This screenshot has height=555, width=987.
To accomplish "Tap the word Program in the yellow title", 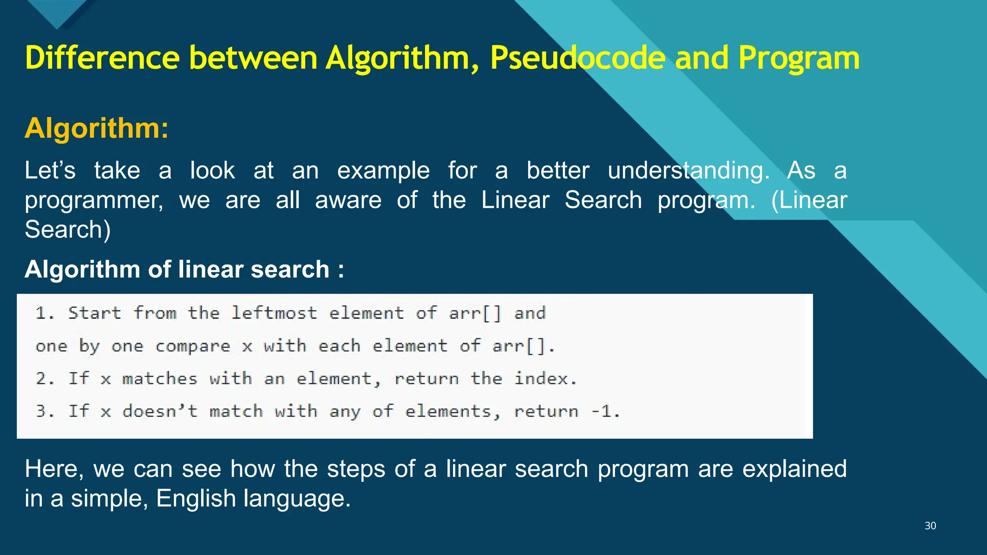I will [799, 58].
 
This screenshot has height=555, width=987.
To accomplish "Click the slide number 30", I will [930, 526].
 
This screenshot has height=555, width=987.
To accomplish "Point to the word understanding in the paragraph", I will [689, 171].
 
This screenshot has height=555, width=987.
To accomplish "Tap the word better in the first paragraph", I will [558, 171].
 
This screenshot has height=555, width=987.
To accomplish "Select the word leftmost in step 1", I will [274, 313].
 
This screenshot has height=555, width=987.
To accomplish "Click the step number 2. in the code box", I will [44, 379].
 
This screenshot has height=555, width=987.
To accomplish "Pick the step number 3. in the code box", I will [44, 411].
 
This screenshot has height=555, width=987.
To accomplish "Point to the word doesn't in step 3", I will [160, 411].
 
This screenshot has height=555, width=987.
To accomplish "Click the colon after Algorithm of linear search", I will [341, 270].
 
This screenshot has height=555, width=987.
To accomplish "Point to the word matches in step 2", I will [160, 379].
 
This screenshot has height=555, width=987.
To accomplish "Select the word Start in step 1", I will [94, 313].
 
